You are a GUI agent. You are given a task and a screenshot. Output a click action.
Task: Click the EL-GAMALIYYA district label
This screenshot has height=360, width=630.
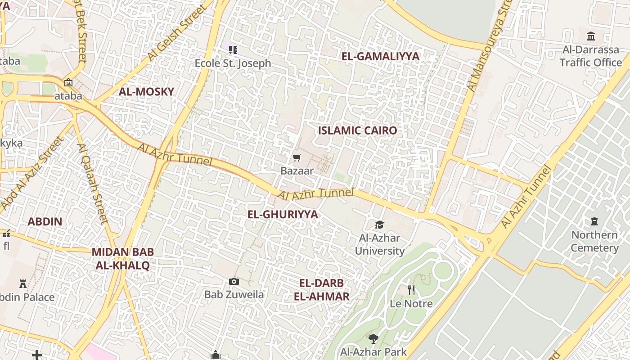[380, 56]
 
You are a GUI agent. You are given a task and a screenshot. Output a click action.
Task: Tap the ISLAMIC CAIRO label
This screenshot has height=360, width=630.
[358, 130]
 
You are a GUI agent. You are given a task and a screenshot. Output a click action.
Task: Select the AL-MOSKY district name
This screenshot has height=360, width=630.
[146, 92]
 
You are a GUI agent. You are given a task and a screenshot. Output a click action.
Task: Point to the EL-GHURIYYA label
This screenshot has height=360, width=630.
[283, 214]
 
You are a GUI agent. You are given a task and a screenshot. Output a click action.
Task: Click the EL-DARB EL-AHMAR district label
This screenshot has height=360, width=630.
[322, 290]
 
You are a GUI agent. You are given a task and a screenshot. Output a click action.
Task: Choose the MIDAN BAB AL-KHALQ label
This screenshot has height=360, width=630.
[122, 259]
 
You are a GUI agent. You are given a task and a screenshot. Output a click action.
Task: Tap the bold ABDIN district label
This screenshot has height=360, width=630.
[45, 221]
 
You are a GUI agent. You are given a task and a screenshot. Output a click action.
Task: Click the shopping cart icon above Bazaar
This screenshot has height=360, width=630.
[297, 157]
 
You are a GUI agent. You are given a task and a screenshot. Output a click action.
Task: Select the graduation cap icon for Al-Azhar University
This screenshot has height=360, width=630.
[380, 225]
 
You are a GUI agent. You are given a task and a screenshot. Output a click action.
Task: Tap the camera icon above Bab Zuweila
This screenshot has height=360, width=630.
[234, 281]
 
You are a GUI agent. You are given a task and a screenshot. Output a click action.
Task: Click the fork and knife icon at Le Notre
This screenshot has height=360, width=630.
[411, 290]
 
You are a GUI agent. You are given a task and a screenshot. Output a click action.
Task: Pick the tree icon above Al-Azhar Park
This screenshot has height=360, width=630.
[373, 338]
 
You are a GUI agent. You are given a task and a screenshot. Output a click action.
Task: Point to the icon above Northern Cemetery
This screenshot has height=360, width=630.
[594, 221]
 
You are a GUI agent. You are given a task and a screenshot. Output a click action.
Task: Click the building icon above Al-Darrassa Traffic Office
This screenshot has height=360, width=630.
[591, 36]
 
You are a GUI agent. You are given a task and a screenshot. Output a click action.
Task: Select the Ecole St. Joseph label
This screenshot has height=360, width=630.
[233, 63]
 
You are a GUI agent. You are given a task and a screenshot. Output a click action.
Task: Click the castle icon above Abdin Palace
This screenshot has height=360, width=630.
[23, 283]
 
